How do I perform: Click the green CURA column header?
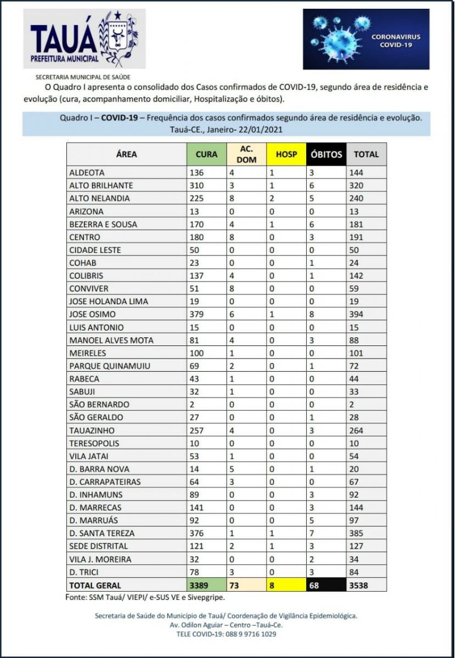point(206,155)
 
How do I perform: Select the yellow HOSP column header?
point(286,155)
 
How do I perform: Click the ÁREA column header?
point(126,155)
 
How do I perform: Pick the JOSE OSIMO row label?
point(93,315)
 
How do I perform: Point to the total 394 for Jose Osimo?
point(357,315)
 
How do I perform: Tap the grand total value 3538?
point(359,585)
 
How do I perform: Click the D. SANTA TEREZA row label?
point(101,533)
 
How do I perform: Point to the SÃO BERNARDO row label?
point(99,405)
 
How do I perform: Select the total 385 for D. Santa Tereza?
point(357,533)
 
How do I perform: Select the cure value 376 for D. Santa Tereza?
point(197,533)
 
